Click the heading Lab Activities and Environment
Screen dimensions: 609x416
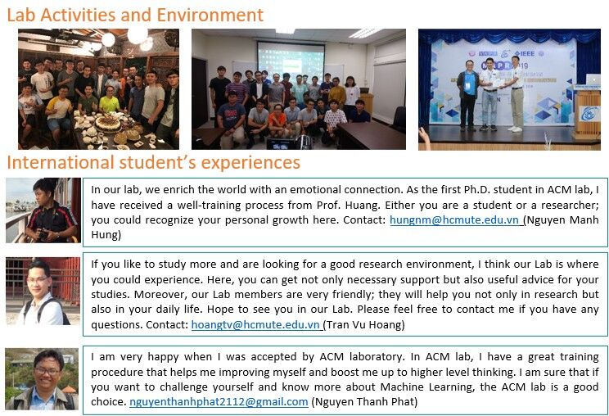(135, 15)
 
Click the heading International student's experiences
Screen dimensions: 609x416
(154, 162)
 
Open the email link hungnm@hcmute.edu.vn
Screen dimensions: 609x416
(454, 219)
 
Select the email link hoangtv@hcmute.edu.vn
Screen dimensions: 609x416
(255, 324)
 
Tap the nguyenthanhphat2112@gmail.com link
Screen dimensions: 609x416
(219, 401)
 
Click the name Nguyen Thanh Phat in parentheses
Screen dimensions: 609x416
(365, 401)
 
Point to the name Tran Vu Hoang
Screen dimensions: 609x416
(363, 324)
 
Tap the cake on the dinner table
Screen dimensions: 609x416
(108, 124)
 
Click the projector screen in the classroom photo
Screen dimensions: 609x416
(291, 61)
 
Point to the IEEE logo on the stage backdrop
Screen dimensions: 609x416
(525, 53)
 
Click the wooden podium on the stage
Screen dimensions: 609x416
(586, 113)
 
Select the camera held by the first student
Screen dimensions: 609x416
(43, 233)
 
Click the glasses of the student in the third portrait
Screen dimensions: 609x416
(47, 371)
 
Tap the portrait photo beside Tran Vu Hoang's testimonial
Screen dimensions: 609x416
(43, 291)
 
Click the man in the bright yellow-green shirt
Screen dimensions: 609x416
(109, 101)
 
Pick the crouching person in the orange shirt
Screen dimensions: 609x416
(277, 121)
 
